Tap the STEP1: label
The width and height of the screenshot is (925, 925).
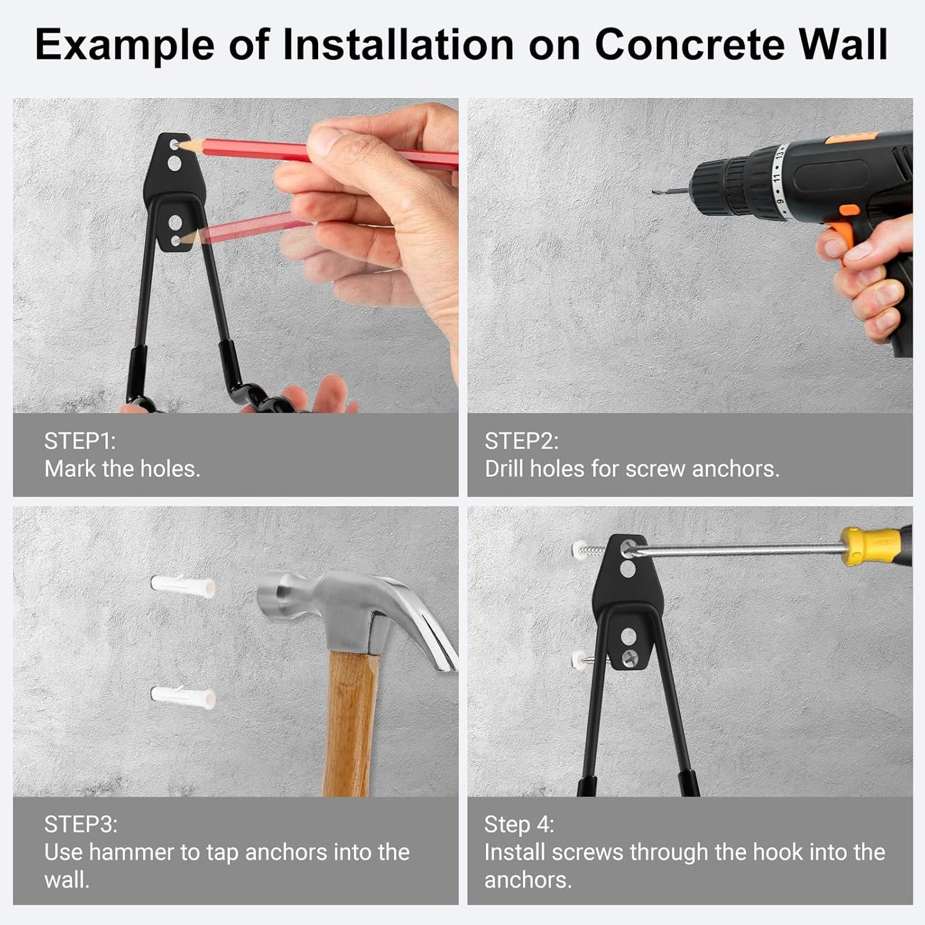tap(79, 441)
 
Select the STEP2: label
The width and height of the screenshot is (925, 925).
tap(521, 441)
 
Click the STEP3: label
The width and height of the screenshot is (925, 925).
tap(81, 824)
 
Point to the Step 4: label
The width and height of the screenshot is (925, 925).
tap(519, 824)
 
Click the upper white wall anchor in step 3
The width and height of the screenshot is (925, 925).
tap(183, 586)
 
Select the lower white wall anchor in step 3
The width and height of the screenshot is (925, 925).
tap(183, 696)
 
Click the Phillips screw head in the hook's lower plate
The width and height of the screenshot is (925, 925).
tap(631, 656)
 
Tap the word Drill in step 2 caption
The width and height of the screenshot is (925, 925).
tap(504, 469)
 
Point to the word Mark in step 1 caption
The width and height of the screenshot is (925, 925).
tap(70, 469)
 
